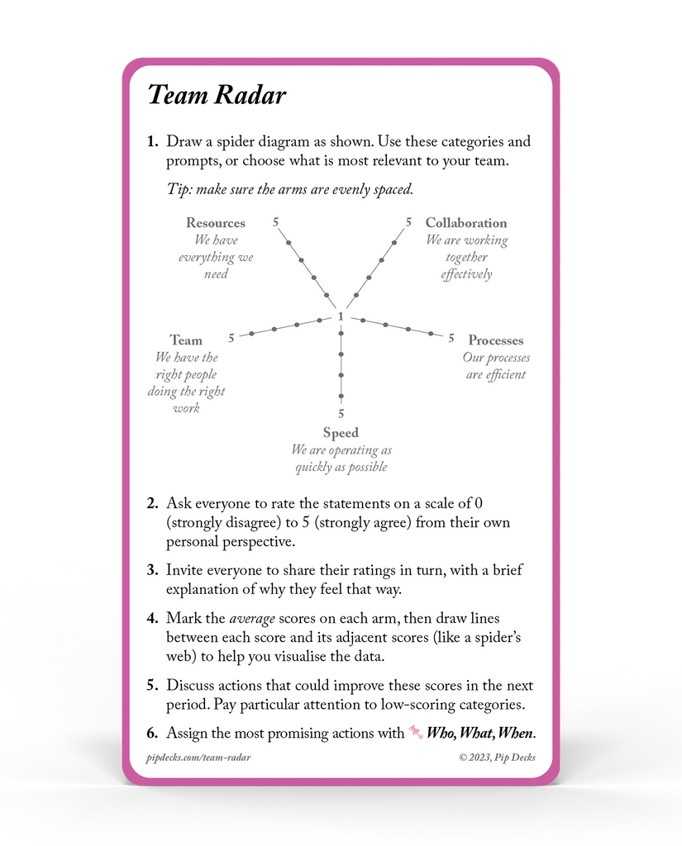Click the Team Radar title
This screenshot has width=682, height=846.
point(217,95)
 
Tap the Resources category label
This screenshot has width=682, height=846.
point(216,223)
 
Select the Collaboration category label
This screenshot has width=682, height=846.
point(466,223)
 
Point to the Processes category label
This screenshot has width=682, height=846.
point(496,340)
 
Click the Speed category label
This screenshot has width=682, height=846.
point(341,433)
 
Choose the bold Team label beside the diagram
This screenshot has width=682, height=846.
point(186,340)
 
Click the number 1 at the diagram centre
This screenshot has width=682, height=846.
point(341,316)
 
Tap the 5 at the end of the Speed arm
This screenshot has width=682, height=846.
point(341,414)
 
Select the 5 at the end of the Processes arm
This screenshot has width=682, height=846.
point(451,338)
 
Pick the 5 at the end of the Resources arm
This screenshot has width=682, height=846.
point(275,221)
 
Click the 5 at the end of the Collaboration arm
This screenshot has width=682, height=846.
point(408,221)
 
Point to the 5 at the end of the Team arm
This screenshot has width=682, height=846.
point(231,338)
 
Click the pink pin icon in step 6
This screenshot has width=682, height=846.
point(416,732)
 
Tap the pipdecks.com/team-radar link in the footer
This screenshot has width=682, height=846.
point(198,757)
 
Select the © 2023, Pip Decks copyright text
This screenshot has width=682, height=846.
point(498,757)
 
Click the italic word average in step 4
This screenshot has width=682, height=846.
point(253,619)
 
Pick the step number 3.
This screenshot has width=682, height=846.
point(152,571)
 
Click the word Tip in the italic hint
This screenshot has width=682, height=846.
point(179,189)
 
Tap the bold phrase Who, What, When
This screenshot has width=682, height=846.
point(481,734)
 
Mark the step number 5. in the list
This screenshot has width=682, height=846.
point(152,686)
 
